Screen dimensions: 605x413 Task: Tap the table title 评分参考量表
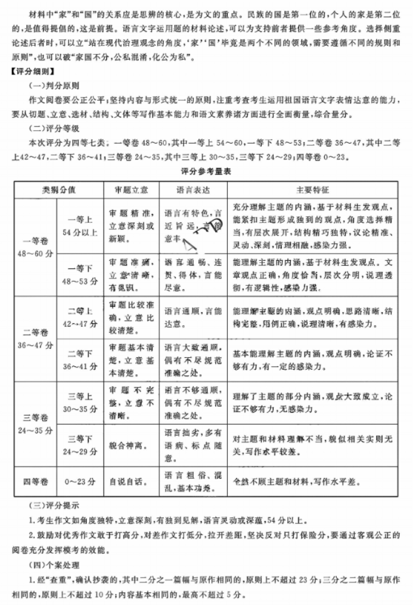pyautogui.click(x=206, y=171)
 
